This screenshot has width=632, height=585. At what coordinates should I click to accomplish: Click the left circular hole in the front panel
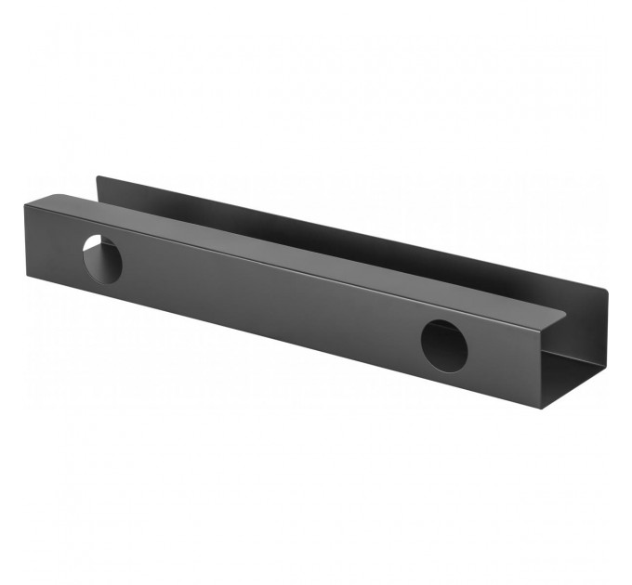pyautogui.click(x=102, y=258)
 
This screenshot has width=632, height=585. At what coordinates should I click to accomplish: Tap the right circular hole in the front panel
pyautogui.click(x=443, y=344)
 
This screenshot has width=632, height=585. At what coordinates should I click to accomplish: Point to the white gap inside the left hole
pyautogui.click(x=95, y=253)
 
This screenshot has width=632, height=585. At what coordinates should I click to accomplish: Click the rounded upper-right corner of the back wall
pyautogui.click(x=604, y=292)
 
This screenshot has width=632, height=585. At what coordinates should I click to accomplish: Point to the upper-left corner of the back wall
pyautogui.click(x=98, y=176)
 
